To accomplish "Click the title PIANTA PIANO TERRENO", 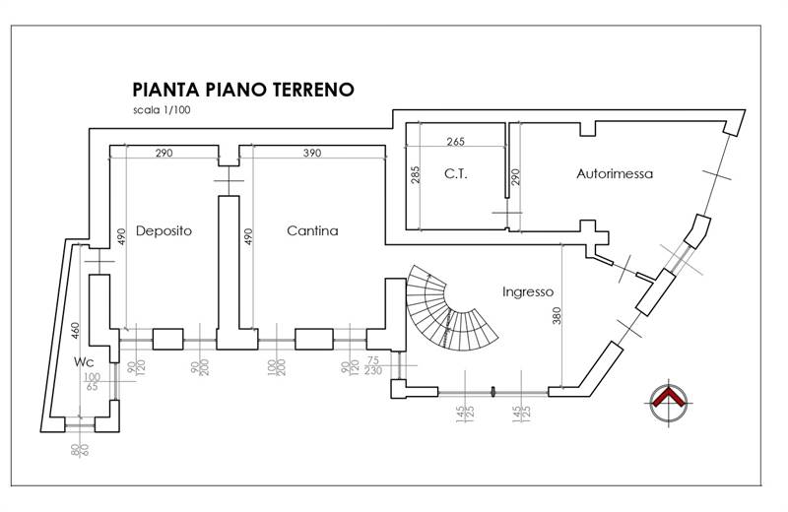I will [x=243, y=90].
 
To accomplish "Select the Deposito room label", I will [x=164, y=230].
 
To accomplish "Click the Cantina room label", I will [x=312, y=231].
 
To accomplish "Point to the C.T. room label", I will [x=455, y=175].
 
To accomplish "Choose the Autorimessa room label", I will [x=616, y=174].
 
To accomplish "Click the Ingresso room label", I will [x=528, y=291].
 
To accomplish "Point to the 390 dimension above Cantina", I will [x=311, y=155].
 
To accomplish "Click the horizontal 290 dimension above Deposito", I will [x=164, y=155].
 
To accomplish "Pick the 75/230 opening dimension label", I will [x=372, y=366].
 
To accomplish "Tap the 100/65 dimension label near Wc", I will [x=92, y=383].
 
